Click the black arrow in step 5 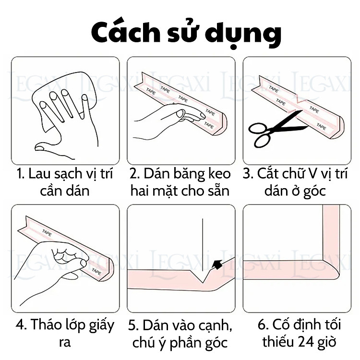pyautogui.click(x=216, y=264)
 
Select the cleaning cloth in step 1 pyautogui.click(x=72, y=91)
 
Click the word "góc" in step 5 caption pyautogui.click(x=213, y=343)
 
